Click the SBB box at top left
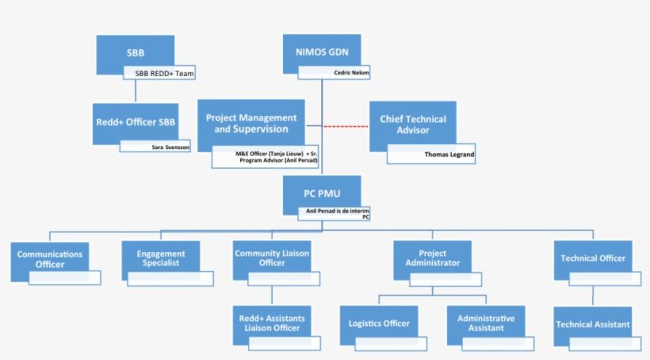136,53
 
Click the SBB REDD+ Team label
165,73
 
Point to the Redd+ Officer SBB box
134,122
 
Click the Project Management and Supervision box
251,123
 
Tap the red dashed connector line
346,125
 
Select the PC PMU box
321,193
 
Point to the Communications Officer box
50,259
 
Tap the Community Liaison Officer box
272,258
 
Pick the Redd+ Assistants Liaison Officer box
272,323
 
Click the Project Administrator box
432,258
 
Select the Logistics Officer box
379,323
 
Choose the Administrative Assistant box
486,323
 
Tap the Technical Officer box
593,259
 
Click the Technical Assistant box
593,324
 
